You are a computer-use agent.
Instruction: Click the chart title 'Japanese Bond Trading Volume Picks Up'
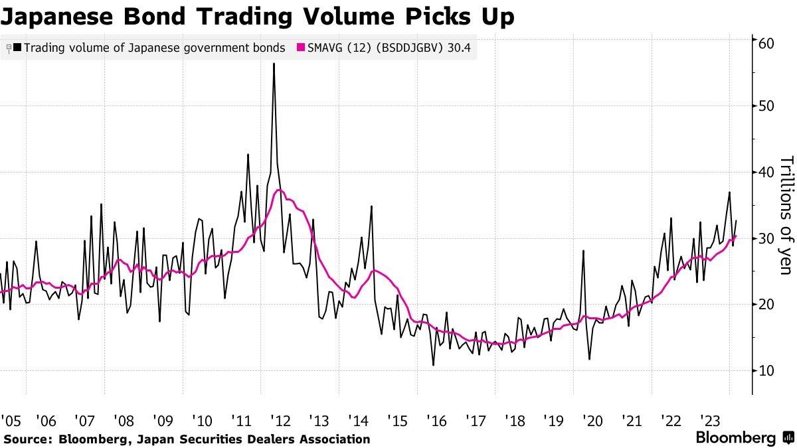coord(258,17)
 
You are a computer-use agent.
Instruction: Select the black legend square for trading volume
coord(17,48)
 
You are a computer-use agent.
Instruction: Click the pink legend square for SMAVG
coord(301,48)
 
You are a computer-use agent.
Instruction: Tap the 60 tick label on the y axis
coord(766,42)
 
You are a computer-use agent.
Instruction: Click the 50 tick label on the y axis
coord(766,106)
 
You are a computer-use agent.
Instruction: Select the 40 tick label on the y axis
coord(766,173)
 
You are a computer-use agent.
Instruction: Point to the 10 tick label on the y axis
coord(766,370)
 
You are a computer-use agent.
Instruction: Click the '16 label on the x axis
coord(436,421)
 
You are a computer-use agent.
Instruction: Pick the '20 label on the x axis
coord(592,421)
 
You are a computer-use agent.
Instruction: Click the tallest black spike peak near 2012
coord(274,64)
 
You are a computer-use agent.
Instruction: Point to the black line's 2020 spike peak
coord(583,251)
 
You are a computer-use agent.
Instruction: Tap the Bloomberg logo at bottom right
coord(744,438)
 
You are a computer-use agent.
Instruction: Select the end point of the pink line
coord(736,236)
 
